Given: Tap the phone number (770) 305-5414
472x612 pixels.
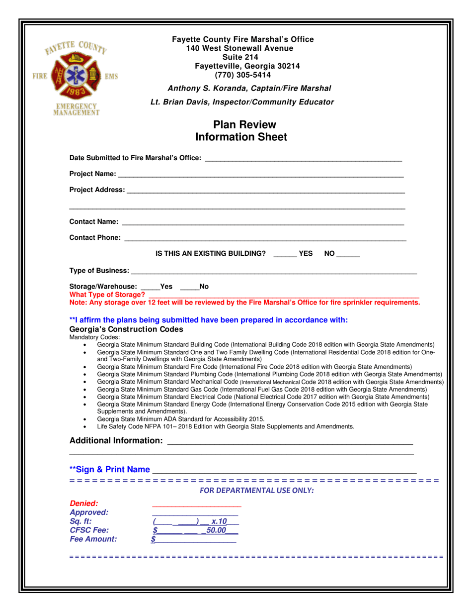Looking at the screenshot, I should (x=243, y=75).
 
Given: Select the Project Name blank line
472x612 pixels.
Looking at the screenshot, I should (x=260, y=175).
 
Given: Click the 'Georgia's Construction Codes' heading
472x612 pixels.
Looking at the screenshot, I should (x=126, y=329).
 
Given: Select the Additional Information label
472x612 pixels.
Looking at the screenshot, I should (x=116, y=441).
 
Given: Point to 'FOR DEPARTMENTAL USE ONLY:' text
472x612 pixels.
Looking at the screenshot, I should (x=256, y=491).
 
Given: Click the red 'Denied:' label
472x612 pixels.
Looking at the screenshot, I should (x=84, y=504).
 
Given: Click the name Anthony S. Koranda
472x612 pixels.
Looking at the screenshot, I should (x=207, y=89).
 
